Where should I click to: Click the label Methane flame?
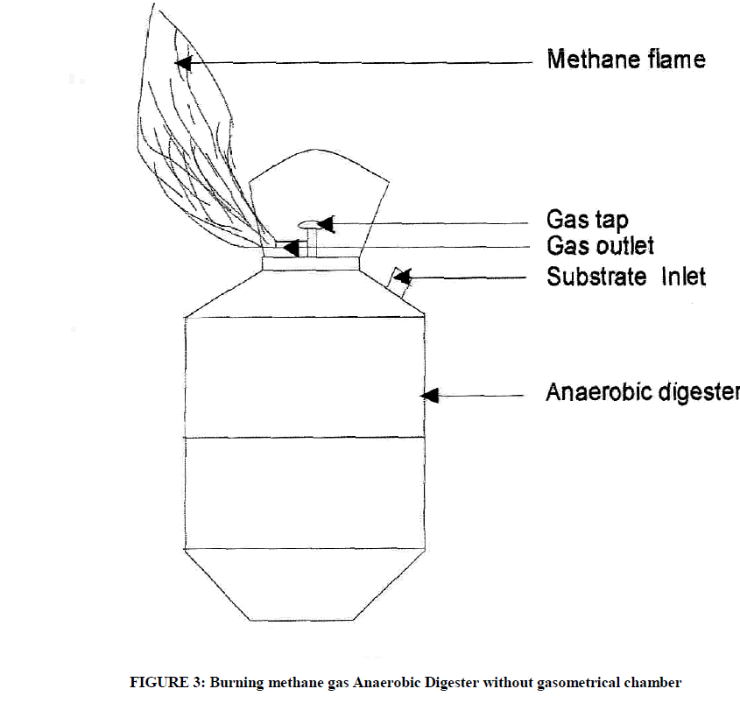[625, 60]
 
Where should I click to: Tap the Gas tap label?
[588, 219]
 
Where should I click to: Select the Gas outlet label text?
[600, 244]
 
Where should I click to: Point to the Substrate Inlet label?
[625, 278]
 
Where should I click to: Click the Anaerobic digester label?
[643, 392]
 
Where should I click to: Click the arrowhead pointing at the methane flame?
[183, 62]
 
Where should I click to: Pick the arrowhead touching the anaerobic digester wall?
[428, 396]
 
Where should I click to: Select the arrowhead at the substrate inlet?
[403, 279]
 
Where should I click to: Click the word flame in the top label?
[673, 60]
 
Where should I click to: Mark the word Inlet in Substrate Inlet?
[678, 278]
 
